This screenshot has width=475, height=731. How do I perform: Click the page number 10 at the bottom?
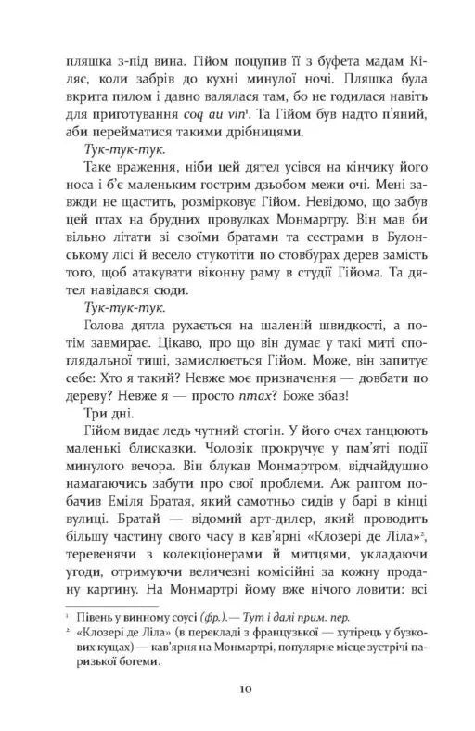(240, 693)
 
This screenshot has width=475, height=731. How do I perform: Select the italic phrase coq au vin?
(260, 120)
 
